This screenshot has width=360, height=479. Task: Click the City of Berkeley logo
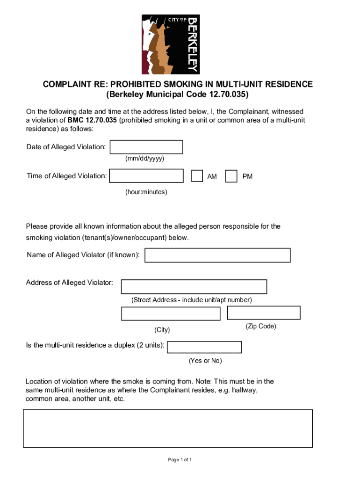click(x=171, y=44)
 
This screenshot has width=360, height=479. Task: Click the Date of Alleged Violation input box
click(x=146, y=147)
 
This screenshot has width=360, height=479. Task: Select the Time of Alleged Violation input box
click(x=146, y=176)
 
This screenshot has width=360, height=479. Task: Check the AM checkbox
click(x=197, y=176)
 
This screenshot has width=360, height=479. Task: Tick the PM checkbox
click(x=231, y=176)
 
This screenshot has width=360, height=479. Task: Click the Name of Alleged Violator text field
click(x=217, y=255)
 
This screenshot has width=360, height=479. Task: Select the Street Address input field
click(x=194, y=287)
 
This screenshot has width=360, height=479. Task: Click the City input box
click(x=171, y=313)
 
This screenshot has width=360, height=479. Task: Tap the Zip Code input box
click(x=264, y=312)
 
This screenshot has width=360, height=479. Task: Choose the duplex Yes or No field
click(x=204, y=347)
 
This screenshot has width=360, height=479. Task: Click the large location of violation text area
click(x=168, y=428)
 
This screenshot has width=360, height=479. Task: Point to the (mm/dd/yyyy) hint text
click(x=144, y=159)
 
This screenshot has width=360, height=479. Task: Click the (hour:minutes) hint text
click(x=146, y=192)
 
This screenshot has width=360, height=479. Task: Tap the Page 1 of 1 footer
click(x=180, y=460)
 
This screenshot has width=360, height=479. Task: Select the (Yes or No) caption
click(x=205, y=361)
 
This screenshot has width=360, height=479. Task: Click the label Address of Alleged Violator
click(x=70, y=283)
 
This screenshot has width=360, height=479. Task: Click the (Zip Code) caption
click(x=261, y=326)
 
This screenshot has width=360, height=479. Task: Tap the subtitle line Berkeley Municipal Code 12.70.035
click(x=178, y=94)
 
